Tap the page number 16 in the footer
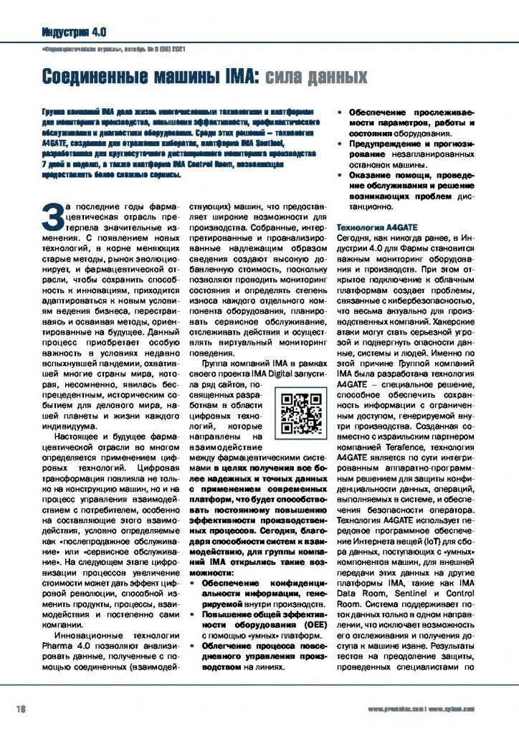(x=22, y=709)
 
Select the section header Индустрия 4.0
(x=75, y=32)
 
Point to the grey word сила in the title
(x=290, y=76)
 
